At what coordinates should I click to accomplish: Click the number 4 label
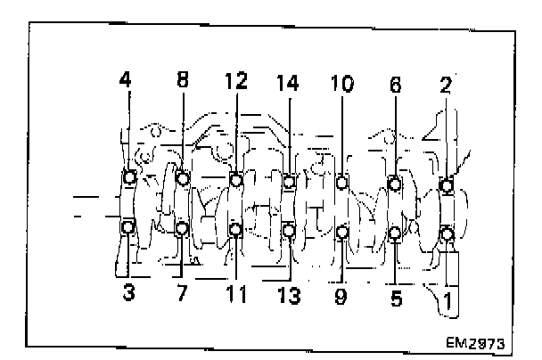pos(127,78)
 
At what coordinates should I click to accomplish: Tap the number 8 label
pos(183,78)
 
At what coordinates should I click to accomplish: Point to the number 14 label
pos(289,84)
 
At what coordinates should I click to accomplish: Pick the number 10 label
pos(342,84)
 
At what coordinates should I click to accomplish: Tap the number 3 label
pos(129,291)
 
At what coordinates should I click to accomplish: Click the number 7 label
pos(182,292)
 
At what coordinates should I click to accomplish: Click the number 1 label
pos(448,301)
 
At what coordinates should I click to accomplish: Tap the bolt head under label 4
pos(130,177)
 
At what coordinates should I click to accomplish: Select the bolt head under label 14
pos(289,183)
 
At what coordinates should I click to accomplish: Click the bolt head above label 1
pos(448,234)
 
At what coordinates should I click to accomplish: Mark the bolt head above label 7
pos(183,229)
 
